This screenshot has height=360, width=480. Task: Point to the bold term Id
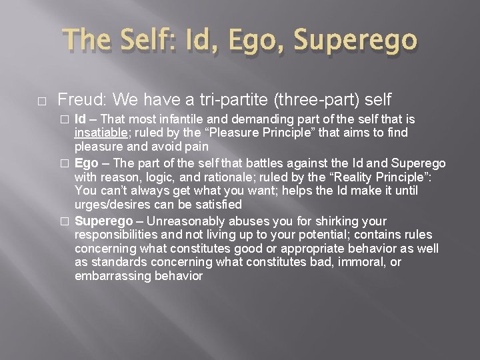click(79, 119)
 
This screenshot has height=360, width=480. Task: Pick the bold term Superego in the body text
click(103, 221)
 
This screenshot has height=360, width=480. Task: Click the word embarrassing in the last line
click(109, 275)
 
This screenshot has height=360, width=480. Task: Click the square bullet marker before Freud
click(23, 101)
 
